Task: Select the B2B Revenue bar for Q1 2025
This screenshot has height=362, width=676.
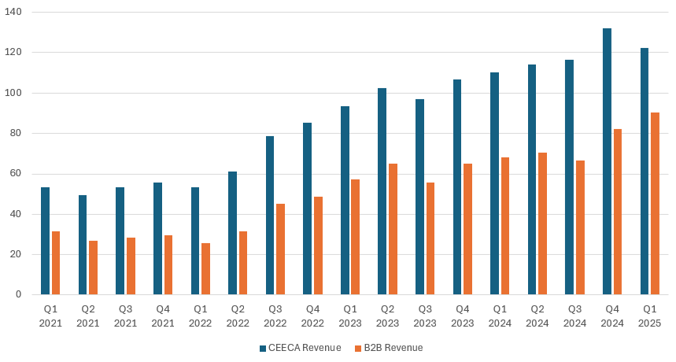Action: pyautogui.click(x=656, y=204)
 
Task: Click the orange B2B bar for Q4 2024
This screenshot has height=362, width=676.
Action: pyautogui.click(x=618, y=212)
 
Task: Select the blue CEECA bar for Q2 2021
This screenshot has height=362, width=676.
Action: pyautogui.click(x=83, y=245)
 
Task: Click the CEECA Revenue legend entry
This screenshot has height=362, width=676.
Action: pyautogui.click(x=300, y=348)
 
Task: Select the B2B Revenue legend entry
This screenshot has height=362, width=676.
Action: pyautogui.click(x=389, y=348)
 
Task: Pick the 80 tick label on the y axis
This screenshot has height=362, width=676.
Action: pyautogui.click(x=17, y=134)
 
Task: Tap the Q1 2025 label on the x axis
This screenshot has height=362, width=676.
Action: pyautogui.click(x=650, y=316)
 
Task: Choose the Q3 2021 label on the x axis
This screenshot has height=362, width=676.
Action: pyautogui.click(x=125, y=316)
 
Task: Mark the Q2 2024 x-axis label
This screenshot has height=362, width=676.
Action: pyautogui.click(x=537, y=316)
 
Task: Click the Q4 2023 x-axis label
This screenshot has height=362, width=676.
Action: pyautogui.click(x=463, y=316)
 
